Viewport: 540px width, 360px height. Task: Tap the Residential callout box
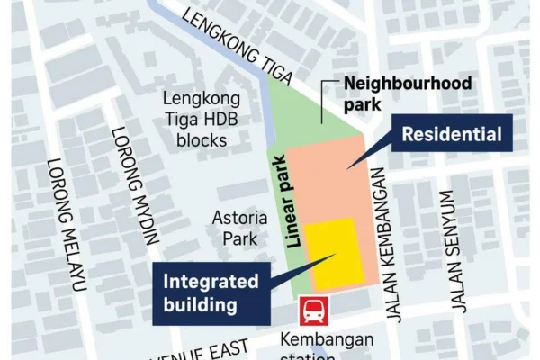point(451,137)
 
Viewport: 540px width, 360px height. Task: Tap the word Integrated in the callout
point(210,281)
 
